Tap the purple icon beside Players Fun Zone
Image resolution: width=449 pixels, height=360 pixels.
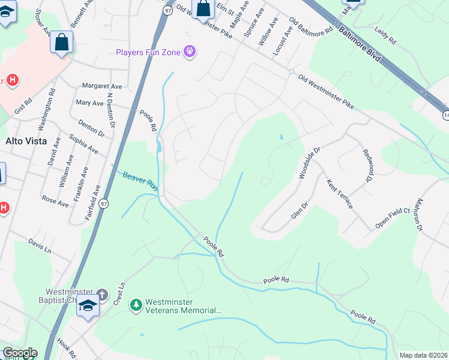(190, 52)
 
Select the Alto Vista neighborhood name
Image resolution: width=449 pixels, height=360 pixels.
(26, 141)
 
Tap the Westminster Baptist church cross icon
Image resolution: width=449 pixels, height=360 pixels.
(102, 295)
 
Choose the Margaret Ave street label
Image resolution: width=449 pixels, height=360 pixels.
(102, 86)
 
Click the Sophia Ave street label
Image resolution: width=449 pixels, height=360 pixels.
(83, 144)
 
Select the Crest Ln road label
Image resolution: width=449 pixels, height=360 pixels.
(119, 293)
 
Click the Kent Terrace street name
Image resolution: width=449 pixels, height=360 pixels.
(339, 193)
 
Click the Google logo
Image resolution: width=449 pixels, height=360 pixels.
(19, 353)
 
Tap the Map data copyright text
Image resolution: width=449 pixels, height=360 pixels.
(423, 355)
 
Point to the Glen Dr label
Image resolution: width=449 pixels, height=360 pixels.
(298, 209)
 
